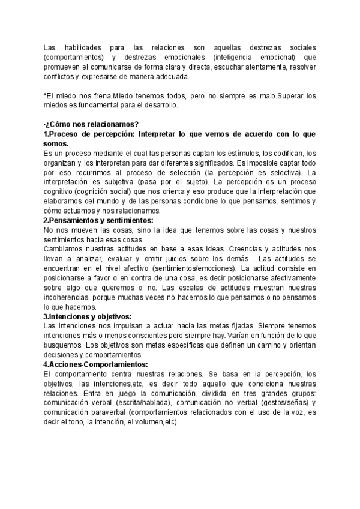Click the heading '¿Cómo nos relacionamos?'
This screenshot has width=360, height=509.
point(92,124)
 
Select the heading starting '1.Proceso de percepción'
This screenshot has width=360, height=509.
point(180,134)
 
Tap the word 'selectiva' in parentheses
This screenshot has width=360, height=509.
point(286,173)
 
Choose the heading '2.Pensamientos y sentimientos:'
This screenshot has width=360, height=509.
point(98,221)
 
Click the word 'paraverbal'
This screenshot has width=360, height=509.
point(108,412)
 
